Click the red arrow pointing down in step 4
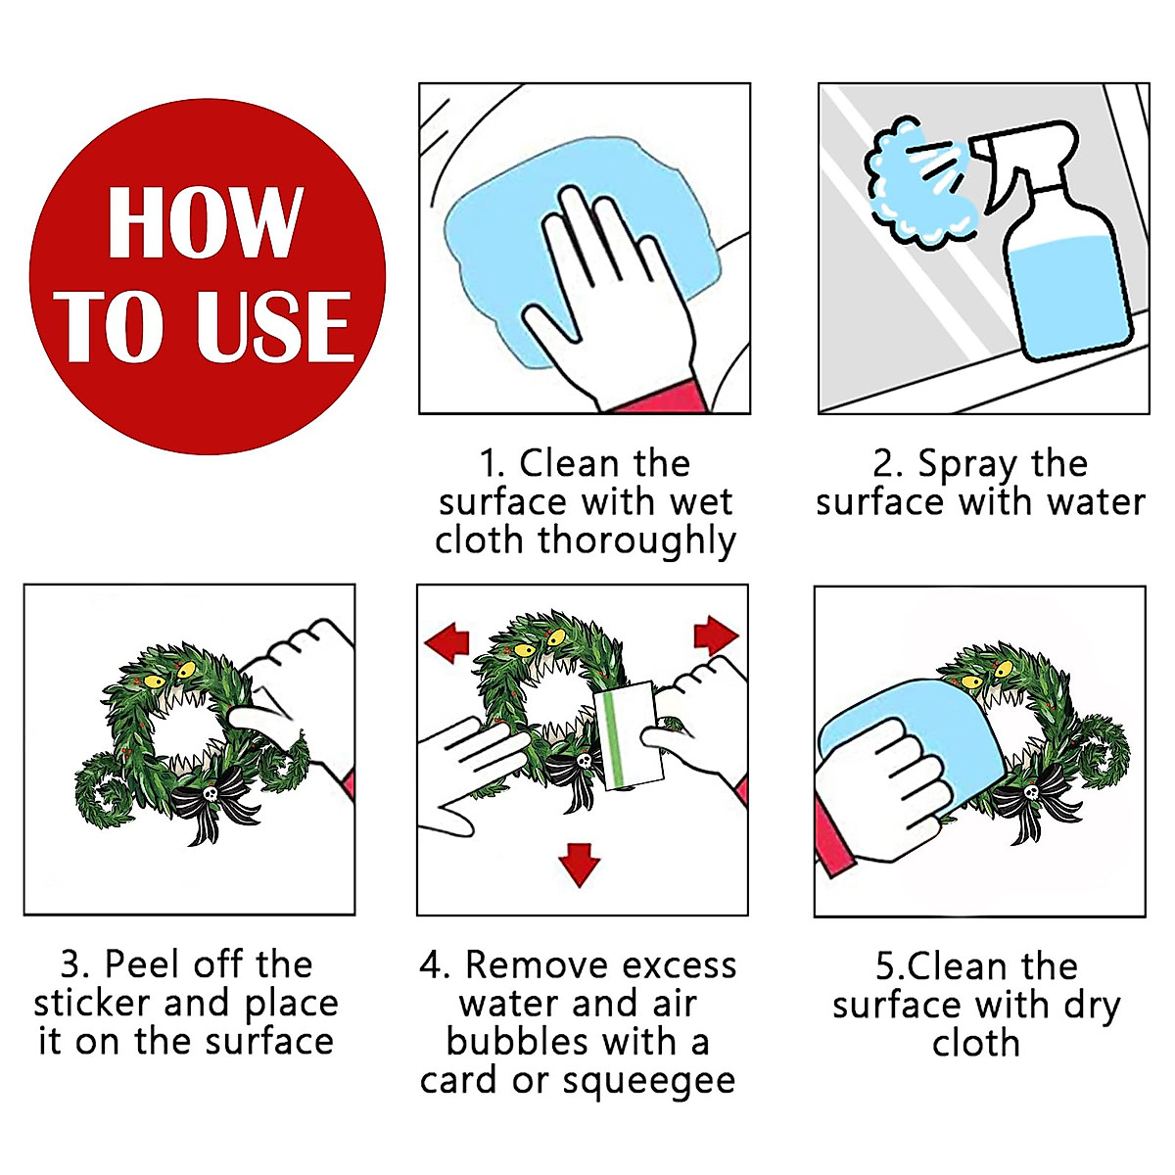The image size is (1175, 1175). (579, 865)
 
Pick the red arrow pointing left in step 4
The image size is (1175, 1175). (446, 642)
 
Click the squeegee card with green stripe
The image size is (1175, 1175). (627, 735)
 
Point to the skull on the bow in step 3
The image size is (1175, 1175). (211, 793)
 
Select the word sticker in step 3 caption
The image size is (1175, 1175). (92, 1003)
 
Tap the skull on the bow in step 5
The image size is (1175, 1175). (1031, 792)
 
